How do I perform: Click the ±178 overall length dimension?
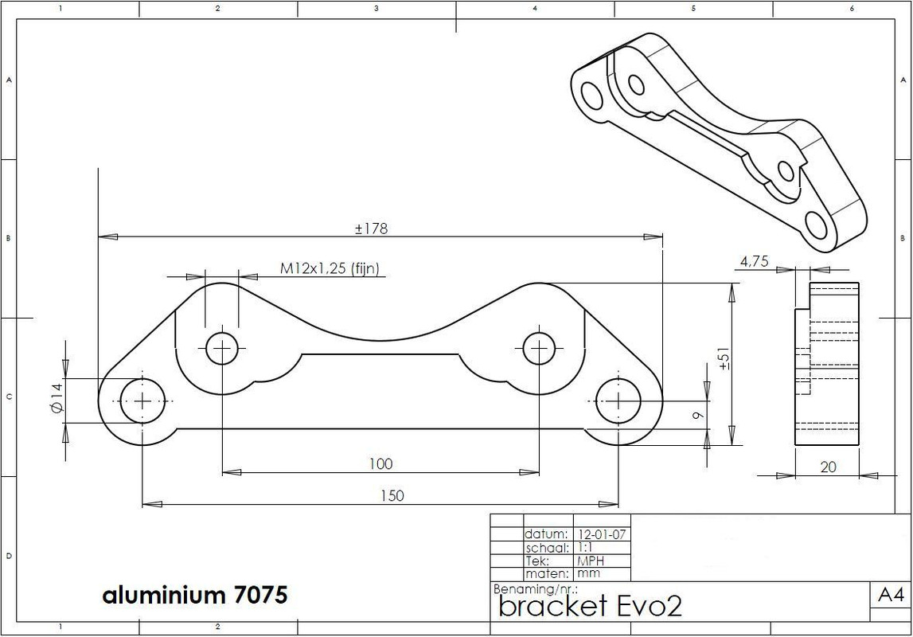[x=371, y=229]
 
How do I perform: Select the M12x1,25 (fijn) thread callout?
[x=334, y=268]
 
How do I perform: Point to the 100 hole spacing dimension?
[x=380, y=463]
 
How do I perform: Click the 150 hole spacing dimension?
[x=392, y=495]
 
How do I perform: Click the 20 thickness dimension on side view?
[x=828, y=467]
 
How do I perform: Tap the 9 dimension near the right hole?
[x=696, y=414]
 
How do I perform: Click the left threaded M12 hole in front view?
[x=222, y=348]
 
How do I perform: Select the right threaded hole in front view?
[x=539, y=348]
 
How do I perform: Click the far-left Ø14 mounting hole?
[x=142, y=401]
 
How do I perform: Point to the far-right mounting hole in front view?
[x=618, y=401]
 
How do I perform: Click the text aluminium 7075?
[x=194, y=595]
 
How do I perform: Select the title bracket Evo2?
[x=590, y=607]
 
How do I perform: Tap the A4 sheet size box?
[x=891, y=595]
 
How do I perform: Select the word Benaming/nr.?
[x=534, y=589]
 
